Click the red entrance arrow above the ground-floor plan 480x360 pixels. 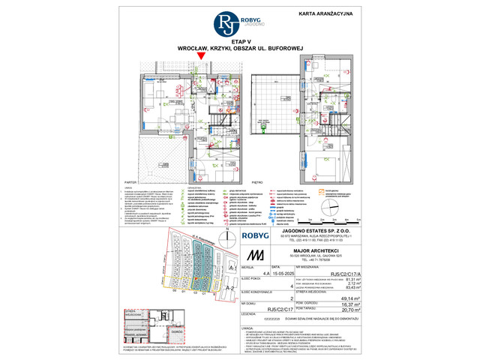coord(200,56)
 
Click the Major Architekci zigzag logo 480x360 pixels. coord(259,256)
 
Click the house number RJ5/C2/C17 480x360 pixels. coord(259,308)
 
